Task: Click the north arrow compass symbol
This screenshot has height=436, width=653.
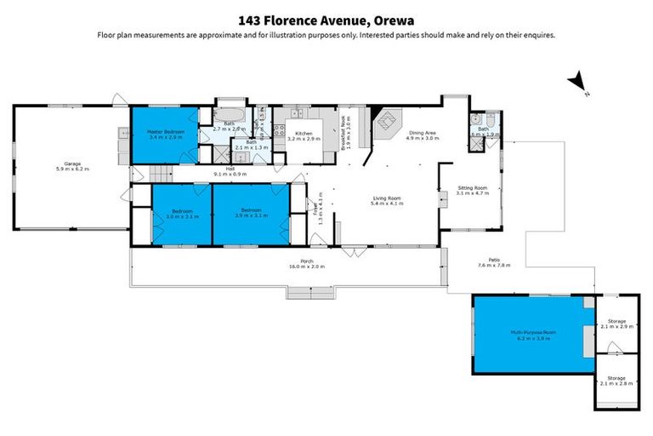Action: [579, 83]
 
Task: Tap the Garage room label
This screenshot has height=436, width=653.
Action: [71, 166]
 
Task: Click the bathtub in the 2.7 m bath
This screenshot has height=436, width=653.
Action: [228, 113]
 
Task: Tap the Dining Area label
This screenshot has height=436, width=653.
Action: [423, 134]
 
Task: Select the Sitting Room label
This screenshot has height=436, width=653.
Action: [471, 190]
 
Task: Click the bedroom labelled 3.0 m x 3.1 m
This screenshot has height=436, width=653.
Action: [182, 213]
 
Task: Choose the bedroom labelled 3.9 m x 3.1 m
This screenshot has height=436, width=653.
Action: [251, 213]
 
